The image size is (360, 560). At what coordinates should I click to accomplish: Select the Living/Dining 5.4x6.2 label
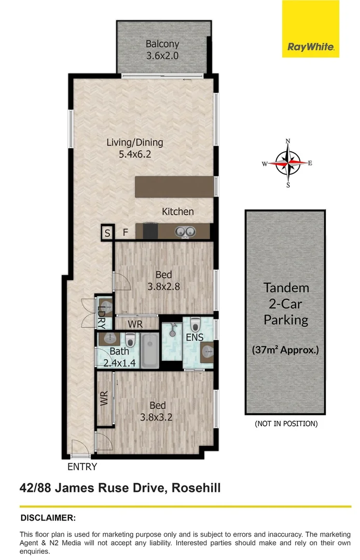click(x=135, y=148)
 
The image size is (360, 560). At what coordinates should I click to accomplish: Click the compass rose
click(x=288, y=163)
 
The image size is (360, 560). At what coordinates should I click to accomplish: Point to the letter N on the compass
click(x=288, y=142)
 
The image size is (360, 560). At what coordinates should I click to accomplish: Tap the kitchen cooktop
click(x=150, y=231)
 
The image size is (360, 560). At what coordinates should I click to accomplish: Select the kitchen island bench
click(x=175, y=187)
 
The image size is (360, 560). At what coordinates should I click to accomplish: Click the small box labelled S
click(x=107, y=233)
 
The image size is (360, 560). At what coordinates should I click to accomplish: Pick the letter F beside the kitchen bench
click(x=125, y=233)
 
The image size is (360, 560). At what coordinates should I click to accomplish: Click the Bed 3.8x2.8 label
click(x=163, y=280)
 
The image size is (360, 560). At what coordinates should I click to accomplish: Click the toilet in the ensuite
click(x=196, y=325)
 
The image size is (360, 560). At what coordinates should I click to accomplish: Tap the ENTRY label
click(x=82, y=467)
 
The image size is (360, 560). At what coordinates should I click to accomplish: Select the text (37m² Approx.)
click(x=285, y=349)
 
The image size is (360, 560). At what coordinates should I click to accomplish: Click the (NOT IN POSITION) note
click(x=285, y=424)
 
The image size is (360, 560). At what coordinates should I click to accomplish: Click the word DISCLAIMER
click(x=48, y=517)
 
